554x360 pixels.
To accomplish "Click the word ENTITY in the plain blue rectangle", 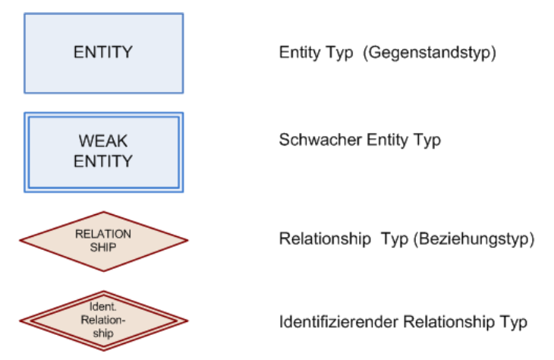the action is [103, 52].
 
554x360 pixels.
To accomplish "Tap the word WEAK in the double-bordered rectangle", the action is [103, 141].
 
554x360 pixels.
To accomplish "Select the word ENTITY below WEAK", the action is [103, 161].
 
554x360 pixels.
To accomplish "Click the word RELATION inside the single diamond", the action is [103, 234].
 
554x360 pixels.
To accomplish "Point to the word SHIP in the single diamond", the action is [103, 247].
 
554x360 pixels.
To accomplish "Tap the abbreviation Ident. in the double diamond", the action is [102, 306].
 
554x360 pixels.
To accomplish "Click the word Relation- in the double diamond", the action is [103, 320].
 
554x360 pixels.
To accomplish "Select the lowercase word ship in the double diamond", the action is [103, 333].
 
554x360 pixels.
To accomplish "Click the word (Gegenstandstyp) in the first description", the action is [430, 53].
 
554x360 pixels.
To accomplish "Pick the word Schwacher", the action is [320, 140].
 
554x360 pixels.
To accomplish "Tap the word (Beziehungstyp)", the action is [474, 239].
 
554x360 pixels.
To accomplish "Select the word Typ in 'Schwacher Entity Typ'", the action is [427, 141].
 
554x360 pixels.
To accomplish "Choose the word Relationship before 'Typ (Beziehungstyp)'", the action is [325, 239].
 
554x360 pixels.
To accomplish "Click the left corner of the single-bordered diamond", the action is [20, 241].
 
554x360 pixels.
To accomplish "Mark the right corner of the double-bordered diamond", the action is [188, 321].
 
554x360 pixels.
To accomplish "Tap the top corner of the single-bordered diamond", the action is [103, 212].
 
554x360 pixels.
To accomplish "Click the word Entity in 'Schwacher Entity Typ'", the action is [388, 140].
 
